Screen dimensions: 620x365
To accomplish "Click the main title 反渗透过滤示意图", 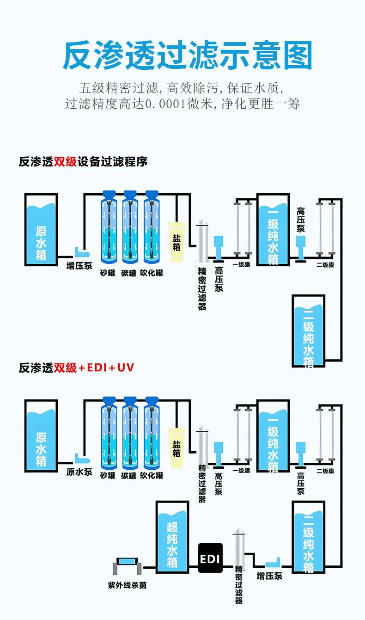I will pos(188,55).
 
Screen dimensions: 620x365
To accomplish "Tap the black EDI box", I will pos(210,558).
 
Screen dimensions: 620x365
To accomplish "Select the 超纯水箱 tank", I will pos(172,537).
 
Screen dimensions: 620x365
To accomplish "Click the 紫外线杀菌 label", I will pos(127,585).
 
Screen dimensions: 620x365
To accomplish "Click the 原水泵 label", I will pos(79,472).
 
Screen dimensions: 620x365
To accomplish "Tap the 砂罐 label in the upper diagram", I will pos(108,273).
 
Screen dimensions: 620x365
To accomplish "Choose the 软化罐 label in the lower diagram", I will pos(152,475).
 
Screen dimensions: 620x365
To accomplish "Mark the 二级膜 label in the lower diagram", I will pos(325,471).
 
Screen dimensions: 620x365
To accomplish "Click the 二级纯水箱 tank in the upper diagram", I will pos(309,331).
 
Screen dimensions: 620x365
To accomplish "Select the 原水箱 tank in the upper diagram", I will pos(41,230).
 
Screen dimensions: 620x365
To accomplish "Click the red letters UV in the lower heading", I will pos(125,368).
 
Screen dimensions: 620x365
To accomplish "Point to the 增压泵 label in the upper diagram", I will pos(79,265).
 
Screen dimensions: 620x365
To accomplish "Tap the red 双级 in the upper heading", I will pos(65,162).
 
